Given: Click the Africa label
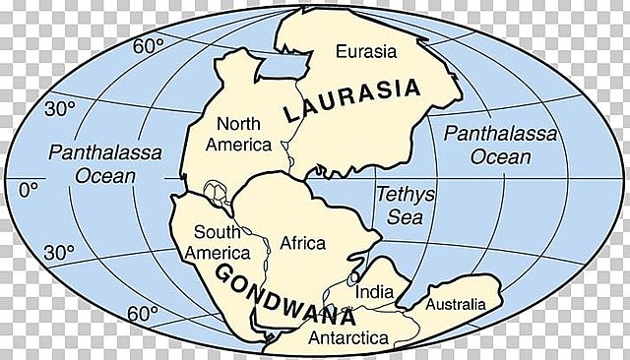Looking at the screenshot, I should coord(302,241).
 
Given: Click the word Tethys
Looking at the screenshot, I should coord(399,194).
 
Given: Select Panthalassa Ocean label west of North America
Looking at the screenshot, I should coord(91,163).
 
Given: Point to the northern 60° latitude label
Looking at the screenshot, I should coord(148,45).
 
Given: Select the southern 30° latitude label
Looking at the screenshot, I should coord(58,253).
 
